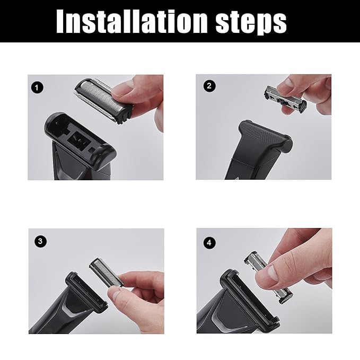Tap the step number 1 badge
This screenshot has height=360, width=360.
tap(37, 87)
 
